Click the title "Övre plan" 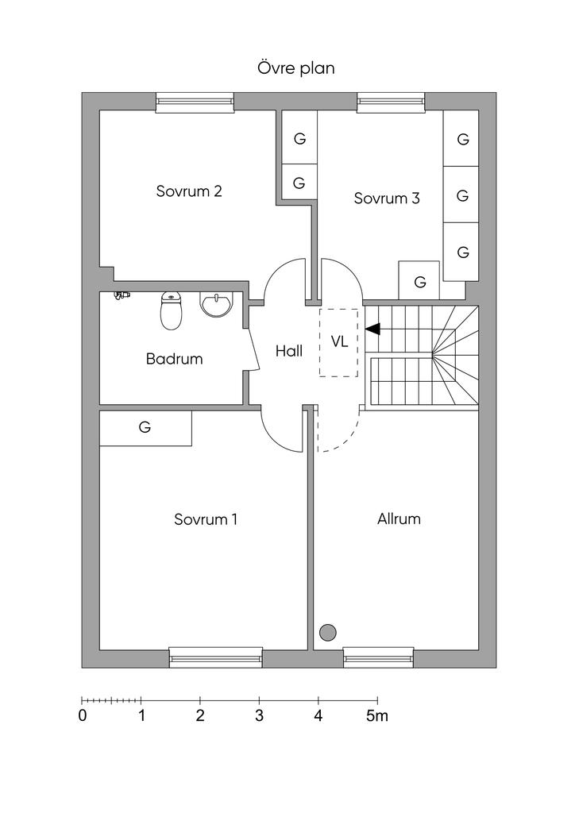pyautogui.click(x=296, y=68)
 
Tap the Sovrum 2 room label pyautogui.click(x=189, y=191)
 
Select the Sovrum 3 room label pyautogui.click(x=387, y=198)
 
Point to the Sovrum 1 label pyautogui.click(x=206, y=519)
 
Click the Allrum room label pyautogui.click(x=399, y=519)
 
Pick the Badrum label pyautogui.click(x=174, y=359)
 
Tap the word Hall pyautogui.click(x=289, y=351)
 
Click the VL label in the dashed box pyautogui.click(x=340, y=341)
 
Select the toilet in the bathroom pyautogui.click(x=170, y=310)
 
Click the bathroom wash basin pyautogui.click(x=217, y=304)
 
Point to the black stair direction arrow pyautogui.click(x=372, y=329)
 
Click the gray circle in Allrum pyautogui.click(x=328, y=633)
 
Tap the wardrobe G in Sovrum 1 pyautogui.click(x=145, y=428)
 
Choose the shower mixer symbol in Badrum pyautogui.click(x=122, y=295)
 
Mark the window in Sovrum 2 pyautogui.click(x=195, y=102)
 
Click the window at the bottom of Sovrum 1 pyautogui.click(x=216, y=657)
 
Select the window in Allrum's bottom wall pyautogui.click(x=379, y=657)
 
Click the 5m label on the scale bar pyautogui.click(x=377, y=716)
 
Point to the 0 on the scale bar pyautogui.click(x=83, y=716)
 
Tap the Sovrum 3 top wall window pyautogui.click(x=391, y=102)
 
